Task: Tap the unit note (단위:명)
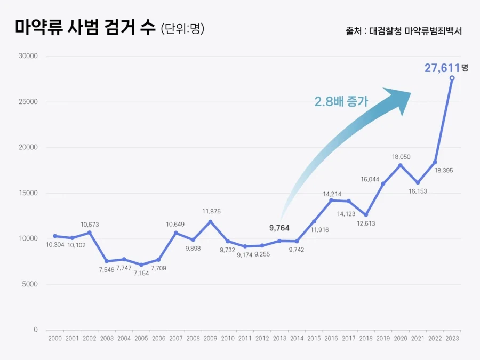pyautogui.click(x=182, y=29)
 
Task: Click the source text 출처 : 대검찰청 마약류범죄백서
pyautogui.click(x=403, y=31)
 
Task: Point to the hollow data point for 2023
pyautogui.click(x=452, y=78)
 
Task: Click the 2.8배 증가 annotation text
pyautogui.click(x=341, y=101)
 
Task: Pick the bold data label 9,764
pyautogui.click(x=279, y=228)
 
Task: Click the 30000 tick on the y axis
pyautogui.click(x=28, y=56)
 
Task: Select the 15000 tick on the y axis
pyautogui.click(x=28, y=193)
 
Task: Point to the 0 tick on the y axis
pyautogui.click(x=36, y=330)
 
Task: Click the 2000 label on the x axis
pyautogui.click(x=54, y=338)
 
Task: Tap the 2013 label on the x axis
pyautogui.click(x=279, y=338)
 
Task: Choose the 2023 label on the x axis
pyautogui.click(x=452, y=338)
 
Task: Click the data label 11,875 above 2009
pyautogui.click(x=211, y=211)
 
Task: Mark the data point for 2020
pyautogui.click(x=400, y=165)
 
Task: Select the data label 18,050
pyautogui.click(x=401, y=157)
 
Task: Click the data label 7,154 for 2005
pyautogui.click(x=141, y=273)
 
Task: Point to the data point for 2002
pyautogui.click(x=90, y=233)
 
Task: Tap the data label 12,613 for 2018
pyautogui.click(x=366, y=223)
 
